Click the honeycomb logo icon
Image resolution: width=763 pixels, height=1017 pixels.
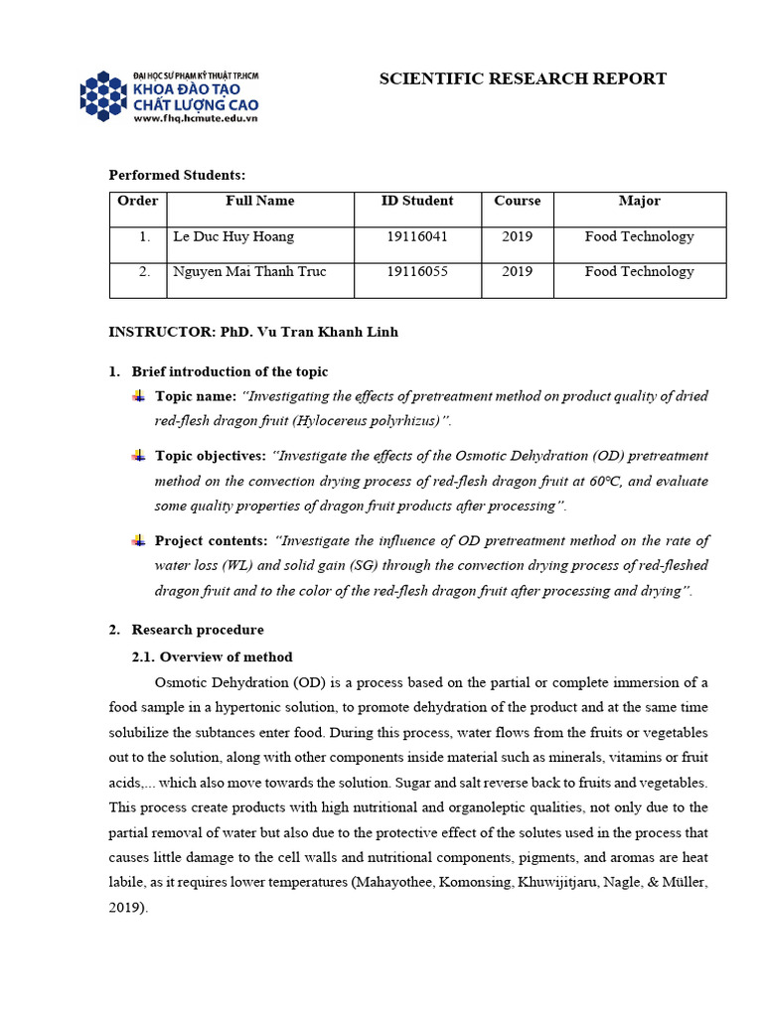pyautogui.click(x=104, y=96)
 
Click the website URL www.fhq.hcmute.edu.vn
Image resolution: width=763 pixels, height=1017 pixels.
pyautogui.click(x=195, y=118)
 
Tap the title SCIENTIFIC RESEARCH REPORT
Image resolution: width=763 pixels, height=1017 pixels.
pyautogui.click(x=523, y=79)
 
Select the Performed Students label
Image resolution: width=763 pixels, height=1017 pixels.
pyautogui.click(x=177, y=175)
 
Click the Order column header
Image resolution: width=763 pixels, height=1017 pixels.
pyautogui.click(x=138, y=201)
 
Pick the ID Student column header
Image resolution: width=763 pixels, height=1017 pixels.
pyautogui.click(x=417, y=201)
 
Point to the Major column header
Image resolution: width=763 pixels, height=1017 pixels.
pyautogui.click(x=639, y=201)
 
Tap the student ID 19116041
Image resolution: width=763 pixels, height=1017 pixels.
pyautogui.click(x=417, y=236)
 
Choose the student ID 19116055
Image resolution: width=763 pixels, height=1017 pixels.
pyautogui.click(x=417, y=271)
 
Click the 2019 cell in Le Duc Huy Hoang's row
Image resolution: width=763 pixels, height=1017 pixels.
pyautogui.click(x=517, y=236)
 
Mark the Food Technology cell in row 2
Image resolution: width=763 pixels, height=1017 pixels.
pyautogui.click(x=639, y=271)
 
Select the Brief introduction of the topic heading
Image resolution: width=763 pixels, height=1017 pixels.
pyautogui.click(x=229, y=371)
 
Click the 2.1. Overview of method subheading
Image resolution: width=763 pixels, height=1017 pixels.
pyautogui.click(x=213, y=656)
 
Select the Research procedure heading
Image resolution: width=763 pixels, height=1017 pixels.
pyautogui.click(x=198, y=630)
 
